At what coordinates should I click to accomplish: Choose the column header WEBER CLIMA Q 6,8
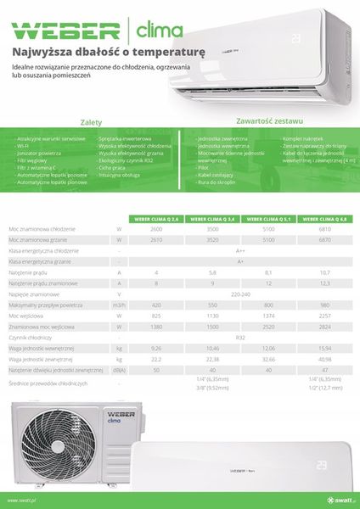point(326,218)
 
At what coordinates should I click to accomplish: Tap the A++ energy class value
point(241,251)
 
